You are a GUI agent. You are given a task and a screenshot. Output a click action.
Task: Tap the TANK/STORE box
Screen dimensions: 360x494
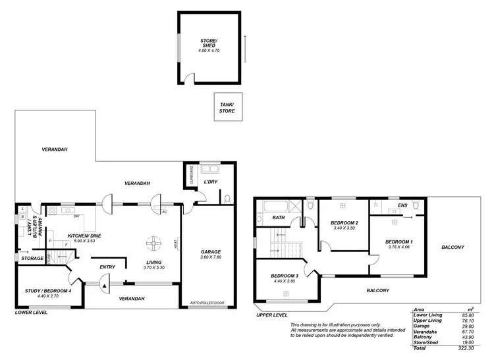coord(227,107)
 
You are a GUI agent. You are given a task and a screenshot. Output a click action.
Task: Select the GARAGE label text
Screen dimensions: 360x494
coord(210,252)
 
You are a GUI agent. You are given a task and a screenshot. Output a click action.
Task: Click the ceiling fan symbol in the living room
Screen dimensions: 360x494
coord(153,243)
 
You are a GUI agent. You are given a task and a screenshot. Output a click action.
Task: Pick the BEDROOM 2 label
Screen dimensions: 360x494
coord(344,223)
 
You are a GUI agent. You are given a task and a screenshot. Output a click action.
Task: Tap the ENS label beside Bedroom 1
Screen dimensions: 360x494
coord(402,206)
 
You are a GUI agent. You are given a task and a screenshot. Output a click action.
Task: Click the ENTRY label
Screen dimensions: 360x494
coord(107,267)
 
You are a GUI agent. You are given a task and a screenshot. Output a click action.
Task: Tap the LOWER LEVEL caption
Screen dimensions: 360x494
coord(31,313)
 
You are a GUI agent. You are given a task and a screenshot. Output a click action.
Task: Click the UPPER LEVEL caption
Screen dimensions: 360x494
coord(272,315)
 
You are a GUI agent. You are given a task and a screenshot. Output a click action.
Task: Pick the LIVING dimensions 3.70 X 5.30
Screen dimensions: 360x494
coord(155,268)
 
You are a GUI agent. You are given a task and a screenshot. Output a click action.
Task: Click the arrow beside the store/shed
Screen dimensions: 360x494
coord(244,46)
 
